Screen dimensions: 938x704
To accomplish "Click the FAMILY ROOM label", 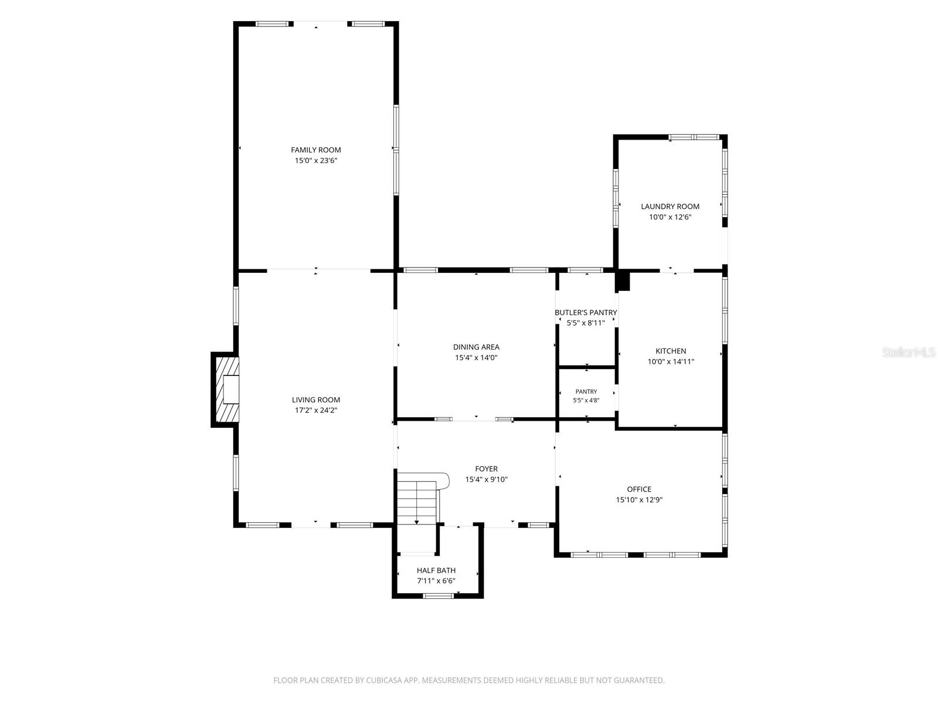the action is point(316,150).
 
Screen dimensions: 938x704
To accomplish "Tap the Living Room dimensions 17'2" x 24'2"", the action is point(316,410).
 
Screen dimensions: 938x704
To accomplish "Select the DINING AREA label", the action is point(476,347).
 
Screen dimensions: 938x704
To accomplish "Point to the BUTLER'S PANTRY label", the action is point(586,313).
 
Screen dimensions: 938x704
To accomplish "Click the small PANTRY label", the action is point(586,391).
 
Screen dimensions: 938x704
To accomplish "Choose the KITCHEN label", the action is point(671,351).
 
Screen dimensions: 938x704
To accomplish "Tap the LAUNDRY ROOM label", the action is point(670,207).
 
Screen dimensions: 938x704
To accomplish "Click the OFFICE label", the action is point(639,489).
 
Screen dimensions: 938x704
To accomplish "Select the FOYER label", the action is point(487,469).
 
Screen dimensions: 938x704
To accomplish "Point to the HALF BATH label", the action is point(436,570).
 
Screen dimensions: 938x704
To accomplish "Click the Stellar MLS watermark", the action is point(909,353).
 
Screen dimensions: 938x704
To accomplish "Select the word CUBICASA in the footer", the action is point(384,680).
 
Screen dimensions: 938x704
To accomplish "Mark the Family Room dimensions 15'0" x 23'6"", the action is point(316,161).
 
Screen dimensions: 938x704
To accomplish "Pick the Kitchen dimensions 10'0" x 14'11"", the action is point(671,361).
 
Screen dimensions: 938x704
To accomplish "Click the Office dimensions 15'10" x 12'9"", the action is point(639,500).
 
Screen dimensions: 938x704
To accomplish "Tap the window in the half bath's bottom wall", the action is point(438,596).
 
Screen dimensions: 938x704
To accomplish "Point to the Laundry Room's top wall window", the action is point(695,137).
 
